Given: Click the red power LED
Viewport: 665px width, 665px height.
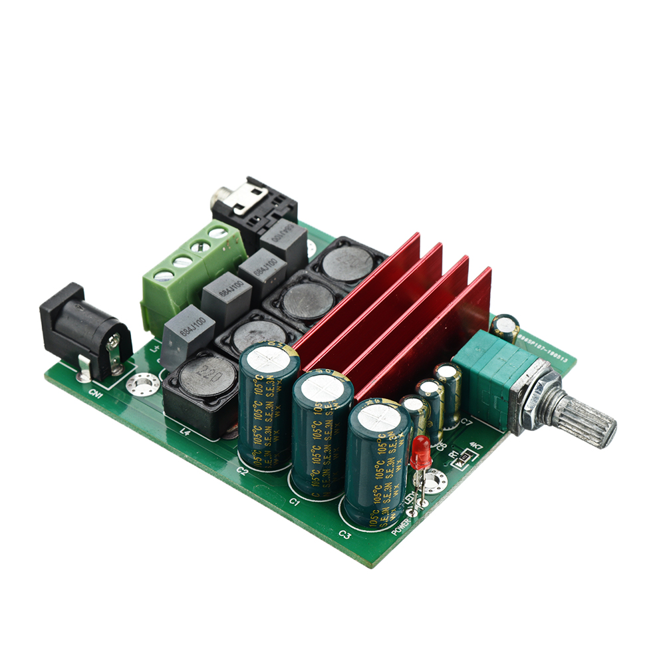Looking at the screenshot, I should [x=420, y=452].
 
